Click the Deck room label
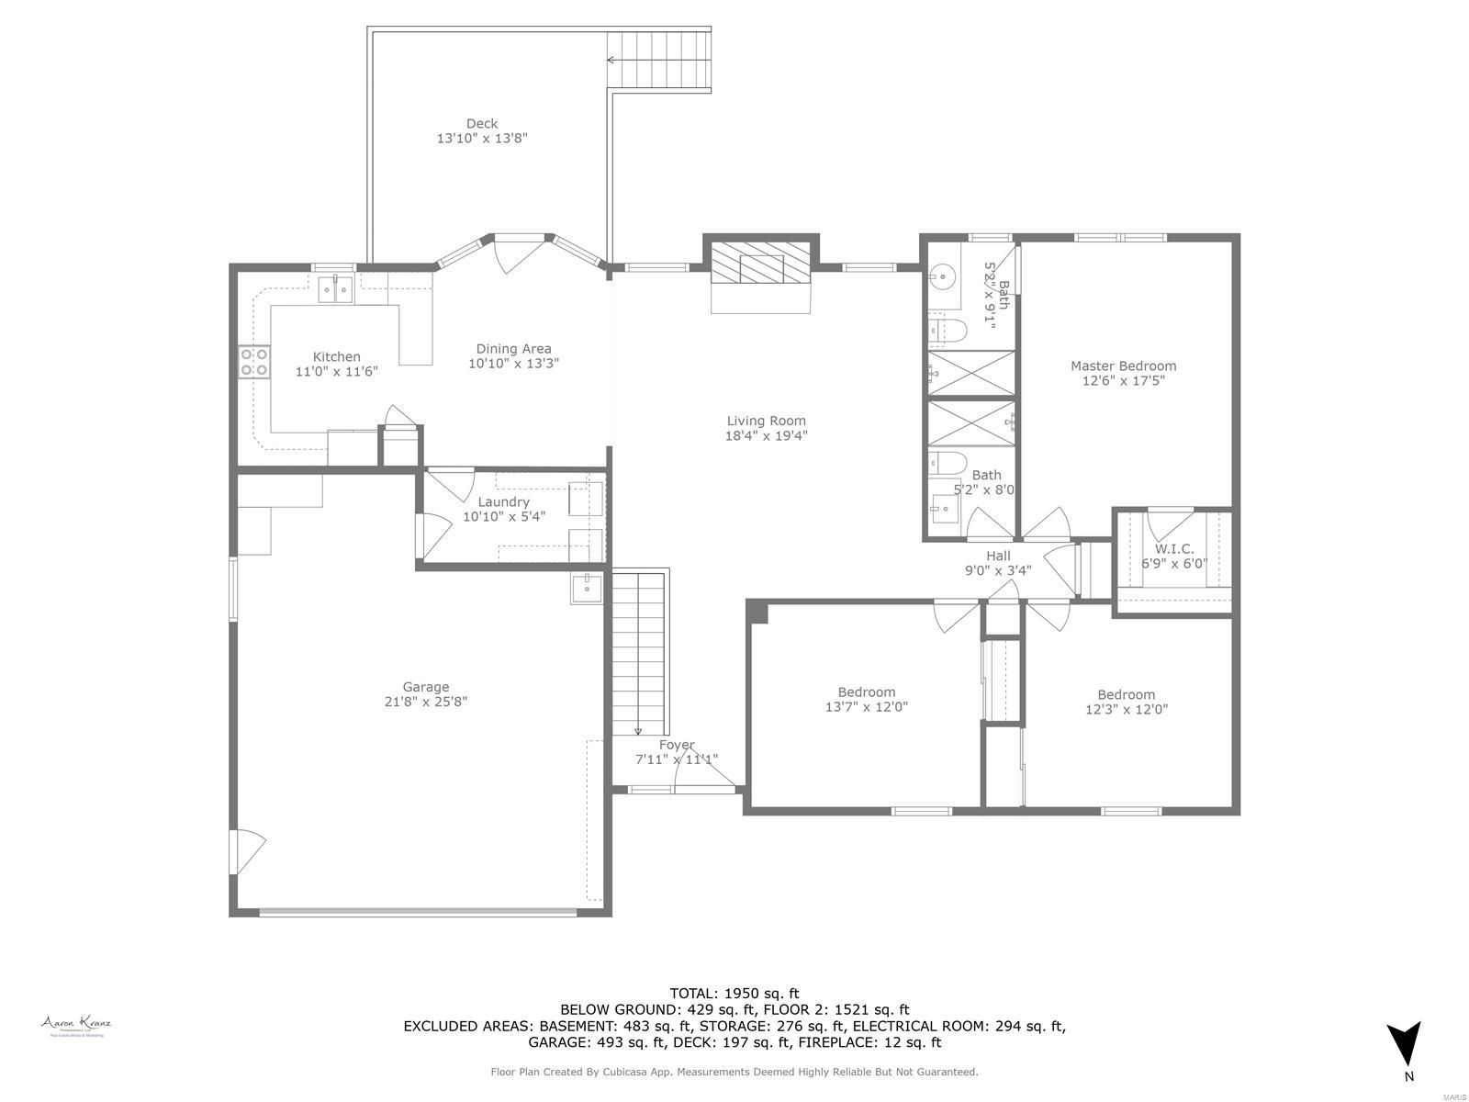[482, 124]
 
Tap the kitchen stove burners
[254, 362]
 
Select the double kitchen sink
[336, 290]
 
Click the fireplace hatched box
[761, 268]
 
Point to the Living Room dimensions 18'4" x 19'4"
[766, 436]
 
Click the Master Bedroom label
[1123, 365]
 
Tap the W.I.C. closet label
[1174, 549]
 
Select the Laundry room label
[503, 502]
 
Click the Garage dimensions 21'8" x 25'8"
[426, 702]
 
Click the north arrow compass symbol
[1403, 1045]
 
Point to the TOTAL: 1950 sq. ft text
[734, 993]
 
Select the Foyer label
[677, 745]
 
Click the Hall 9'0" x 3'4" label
[998, 562]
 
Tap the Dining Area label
[513, 349]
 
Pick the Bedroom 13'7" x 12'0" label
[866, 699]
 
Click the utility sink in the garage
[586, 588]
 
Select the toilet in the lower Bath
[946, 462]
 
